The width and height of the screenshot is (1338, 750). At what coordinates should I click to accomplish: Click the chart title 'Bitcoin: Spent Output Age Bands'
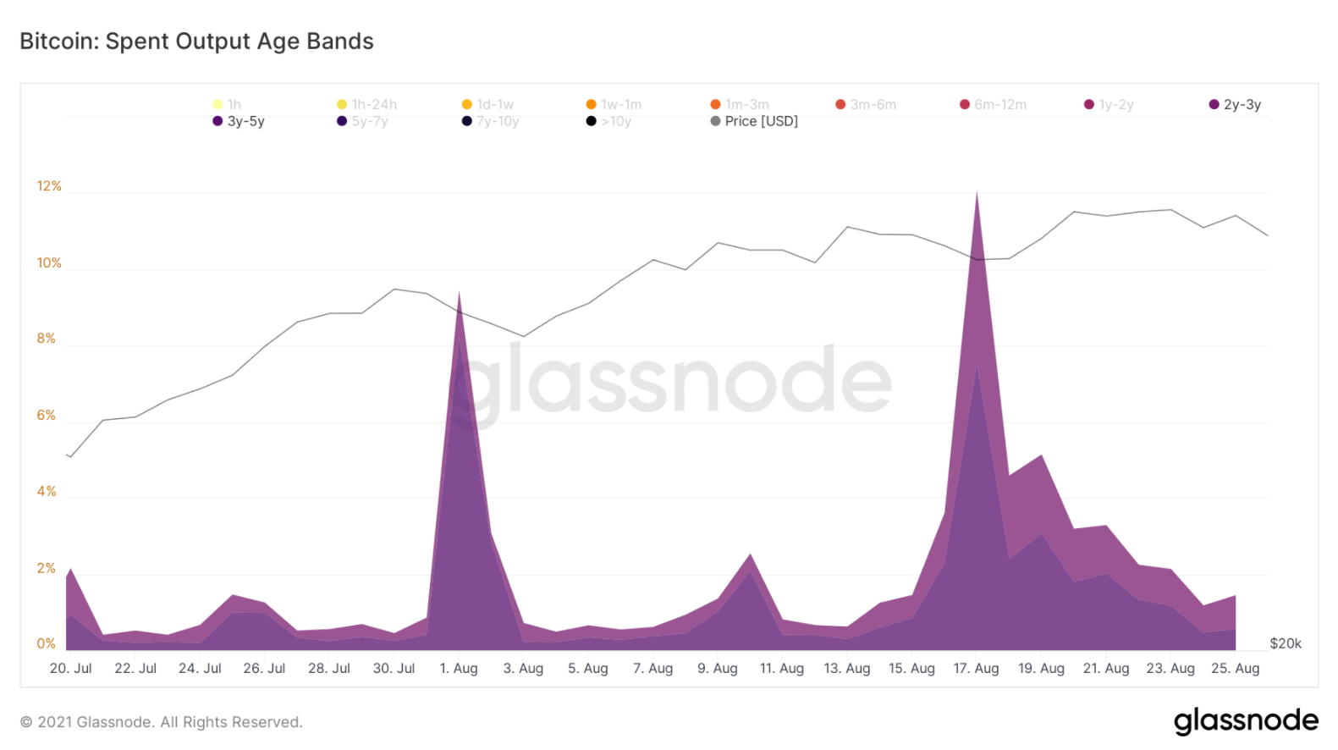tap(196, 41)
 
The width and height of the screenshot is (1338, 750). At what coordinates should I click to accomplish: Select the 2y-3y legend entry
tap(1236, 105)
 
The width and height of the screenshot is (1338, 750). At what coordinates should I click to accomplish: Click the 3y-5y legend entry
tap(240, 121)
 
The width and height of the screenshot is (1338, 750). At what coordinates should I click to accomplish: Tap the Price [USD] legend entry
tap(755, 121)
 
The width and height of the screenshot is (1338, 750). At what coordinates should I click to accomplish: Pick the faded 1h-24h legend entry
tap(367, 105)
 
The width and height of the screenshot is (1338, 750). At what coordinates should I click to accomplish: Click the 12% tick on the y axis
tap(49, 186)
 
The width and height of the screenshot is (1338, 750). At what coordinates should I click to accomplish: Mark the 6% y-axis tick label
tap(47, 415)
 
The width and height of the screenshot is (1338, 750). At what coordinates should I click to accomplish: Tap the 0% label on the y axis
tap(47, 643)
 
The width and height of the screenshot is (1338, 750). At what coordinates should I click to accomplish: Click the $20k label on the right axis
tap(1285, 643)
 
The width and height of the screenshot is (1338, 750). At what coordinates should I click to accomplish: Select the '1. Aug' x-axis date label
tap(459, 668)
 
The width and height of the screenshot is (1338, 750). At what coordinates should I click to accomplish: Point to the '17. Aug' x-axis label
tap(976, 668)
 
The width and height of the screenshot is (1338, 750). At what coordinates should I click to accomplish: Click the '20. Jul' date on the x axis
tap(71, 668)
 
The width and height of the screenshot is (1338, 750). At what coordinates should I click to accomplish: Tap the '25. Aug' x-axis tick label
tap(1235, 668)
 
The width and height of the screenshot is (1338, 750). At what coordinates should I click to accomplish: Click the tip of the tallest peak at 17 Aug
tap(977, 194)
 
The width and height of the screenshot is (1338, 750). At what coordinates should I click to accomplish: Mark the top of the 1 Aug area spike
tap(459, 294)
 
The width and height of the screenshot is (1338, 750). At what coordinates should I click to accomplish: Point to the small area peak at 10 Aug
tap(750, 555)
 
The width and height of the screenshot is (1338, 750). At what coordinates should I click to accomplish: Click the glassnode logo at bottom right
tap(1245, 720)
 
